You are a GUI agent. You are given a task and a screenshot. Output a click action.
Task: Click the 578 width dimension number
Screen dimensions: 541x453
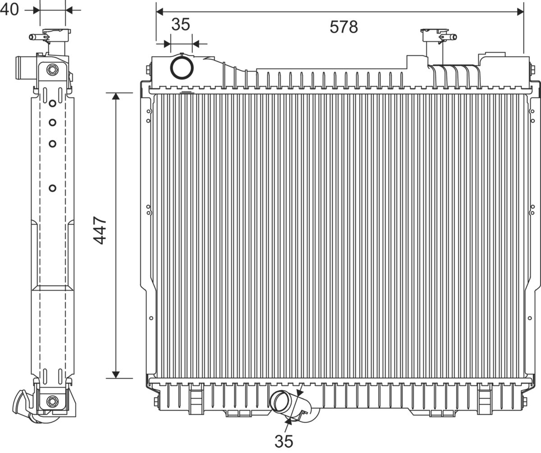pyautogui.click(x=344, y=27)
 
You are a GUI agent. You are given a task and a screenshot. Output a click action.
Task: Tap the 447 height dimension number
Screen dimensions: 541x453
pyautogui.click(x=100, y=231)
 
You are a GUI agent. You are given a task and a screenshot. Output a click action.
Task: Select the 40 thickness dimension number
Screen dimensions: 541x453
pyautogui.click(x=9, y=9)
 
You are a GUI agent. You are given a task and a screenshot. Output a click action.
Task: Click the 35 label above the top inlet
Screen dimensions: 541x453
pyautogui.click(x=181, y=24)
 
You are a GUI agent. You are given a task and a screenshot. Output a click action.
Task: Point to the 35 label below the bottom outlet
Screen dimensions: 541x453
pyautogui.click(x=284, y=442)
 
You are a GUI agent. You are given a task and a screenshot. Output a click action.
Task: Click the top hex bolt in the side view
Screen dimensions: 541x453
pyautogui.click(x=52, y=69)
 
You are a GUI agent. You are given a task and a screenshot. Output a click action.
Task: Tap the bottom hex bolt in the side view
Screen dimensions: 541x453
pyautogui.click(x=52, y=402)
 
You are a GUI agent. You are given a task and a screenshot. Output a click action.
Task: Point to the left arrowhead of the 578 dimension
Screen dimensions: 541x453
pyautogui.click(x=160, y=12)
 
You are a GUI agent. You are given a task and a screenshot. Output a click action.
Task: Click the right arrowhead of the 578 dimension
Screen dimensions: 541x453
pyautogui.click(x=520, y=12)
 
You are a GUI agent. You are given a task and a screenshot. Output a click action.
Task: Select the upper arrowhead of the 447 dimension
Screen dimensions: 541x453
pyautogui.click(x=116, y=96)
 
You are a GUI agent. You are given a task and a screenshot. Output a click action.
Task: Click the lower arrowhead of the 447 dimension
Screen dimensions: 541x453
pyautogui.click(x=116, y=374)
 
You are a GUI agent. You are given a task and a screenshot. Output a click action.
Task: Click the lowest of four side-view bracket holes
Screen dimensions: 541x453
pyautogui.click(x=52, y=188)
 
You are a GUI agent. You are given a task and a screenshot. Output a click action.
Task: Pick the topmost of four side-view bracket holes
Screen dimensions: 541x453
pyautogui.click(x=52, y=103)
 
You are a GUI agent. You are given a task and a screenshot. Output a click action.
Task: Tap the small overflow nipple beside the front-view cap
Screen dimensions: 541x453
pyautogui.click(x=451, y=37)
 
